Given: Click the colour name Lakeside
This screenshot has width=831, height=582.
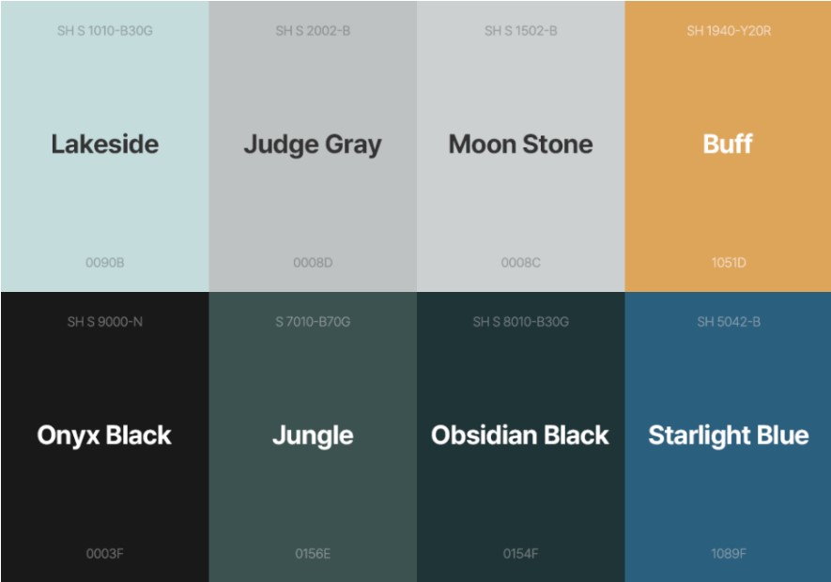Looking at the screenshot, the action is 105,145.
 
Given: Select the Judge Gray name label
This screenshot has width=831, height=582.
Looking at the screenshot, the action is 313,145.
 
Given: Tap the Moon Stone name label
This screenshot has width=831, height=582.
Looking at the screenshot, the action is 520,145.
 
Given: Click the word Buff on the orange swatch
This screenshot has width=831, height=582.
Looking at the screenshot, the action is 728,145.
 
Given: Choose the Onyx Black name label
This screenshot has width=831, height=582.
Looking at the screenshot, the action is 104,436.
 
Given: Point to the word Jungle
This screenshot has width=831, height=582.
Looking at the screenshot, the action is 313,436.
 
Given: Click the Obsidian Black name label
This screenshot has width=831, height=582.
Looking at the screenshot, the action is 520,436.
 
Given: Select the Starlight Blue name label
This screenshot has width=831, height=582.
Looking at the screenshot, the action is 729,436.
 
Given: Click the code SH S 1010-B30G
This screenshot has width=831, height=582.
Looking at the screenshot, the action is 105,31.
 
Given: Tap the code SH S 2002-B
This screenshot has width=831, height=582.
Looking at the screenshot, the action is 313,31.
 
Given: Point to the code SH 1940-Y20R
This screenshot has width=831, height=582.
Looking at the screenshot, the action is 729,31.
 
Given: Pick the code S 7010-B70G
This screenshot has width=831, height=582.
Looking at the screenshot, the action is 313,322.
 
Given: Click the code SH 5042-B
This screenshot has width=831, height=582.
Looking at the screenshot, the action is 729,322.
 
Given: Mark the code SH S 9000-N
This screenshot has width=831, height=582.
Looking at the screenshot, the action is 105,322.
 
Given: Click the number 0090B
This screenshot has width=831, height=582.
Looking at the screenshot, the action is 105,263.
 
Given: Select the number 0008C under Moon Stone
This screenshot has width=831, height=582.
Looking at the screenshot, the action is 520,263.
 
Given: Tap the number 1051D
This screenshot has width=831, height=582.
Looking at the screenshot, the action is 729,263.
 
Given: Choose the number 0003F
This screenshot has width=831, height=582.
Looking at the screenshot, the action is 105,554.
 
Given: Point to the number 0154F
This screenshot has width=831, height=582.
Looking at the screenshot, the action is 520,554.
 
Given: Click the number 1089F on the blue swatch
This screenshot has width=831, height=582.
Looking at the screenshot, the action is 729,554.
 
